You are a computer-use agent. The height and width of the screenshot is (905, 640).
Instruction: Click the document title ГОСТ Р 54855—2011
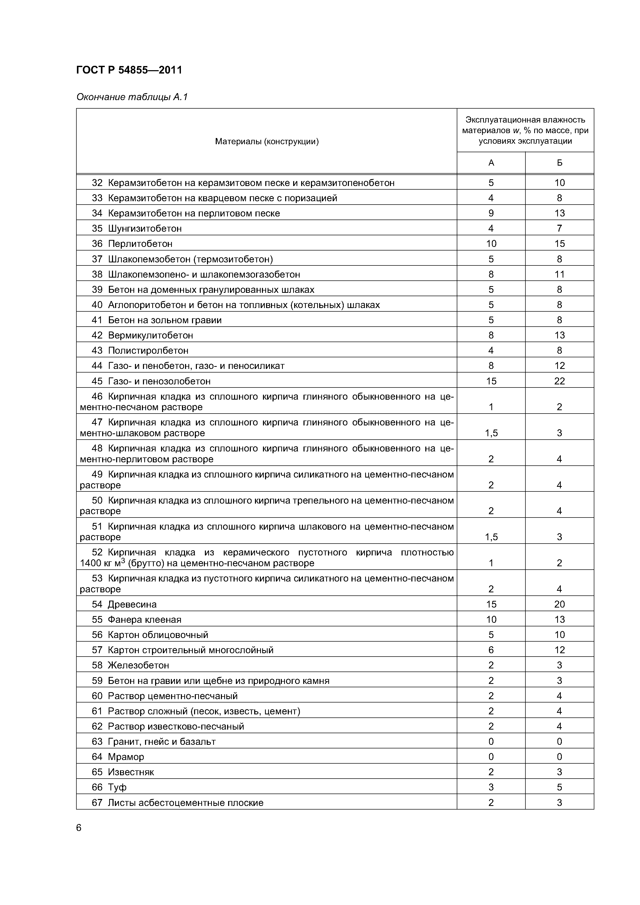pos(129,70)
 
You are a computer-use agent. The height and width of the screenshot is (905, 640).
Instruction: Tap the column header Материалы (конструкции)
pos(267,141)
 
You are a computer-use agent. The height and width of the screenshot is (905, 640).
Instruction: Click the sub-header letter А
pos(491,163)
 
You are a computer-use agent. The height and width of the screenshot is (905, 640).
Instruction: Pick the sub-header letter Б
pos(559,163)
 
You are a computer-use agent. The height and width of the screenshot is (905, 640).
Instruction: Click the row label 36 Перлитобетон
pos(132,244)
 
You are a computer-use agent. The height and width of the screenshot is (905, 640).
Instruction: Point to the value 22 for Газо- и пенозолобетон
pos(559,381)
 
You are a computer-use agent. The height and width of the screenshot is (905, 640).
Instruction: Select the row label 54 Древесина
pos(124,604)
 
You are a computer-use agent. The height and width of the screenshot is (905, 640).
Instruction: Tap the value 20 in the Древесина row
pos(559,604)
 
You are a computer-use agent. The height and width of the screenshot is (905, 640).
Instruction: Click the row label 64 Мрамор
pos(118,757)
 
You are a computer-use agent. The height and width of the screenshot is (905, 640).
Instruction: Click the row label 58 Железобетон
pos(131,665)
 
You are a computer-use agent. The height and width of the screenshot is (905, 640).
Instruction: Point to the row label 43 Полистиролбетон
pos(140,350)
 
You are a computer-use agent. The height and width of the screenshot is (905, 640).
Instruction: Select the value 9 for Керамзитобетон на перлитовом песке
pos(491,213)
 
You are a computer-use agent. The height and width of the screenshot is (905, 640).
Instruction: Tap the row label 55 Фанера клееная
pos(137,620)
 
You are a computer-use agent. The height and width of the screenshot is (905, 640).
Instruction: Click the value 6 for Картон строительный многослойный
pos(491,650)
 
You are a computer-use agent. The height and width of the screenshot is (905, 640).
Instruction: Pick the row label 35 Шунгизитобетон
pos(137,229)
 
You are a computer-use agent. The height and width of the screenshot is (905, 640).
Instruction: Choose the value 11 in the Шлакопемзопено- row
pos(559,274)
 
